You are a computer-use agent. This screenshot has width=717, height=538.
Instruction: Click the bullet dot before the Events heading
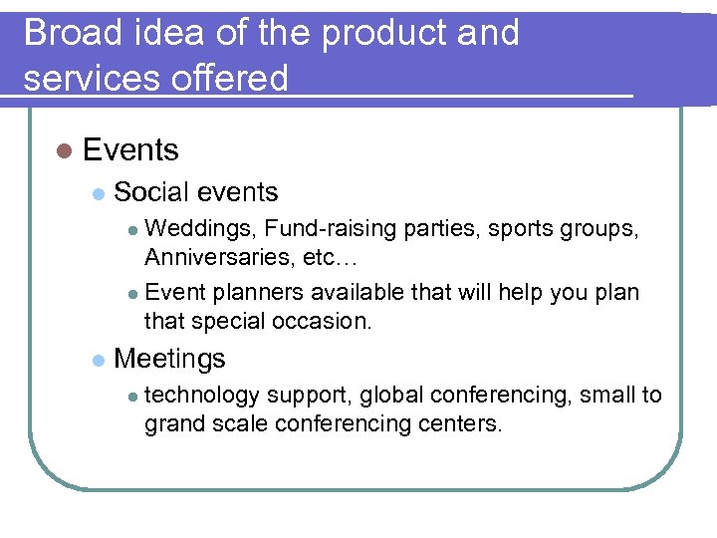pos(65,151)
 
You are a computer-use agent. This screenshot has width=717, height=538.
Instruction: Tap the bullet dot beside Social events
pos(97,193)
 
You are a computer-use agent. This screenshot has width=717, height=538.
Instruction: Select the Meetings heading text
pos(170,359)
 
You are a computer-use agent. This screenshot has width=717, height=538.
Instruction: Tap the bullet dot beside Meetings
pos(97,360)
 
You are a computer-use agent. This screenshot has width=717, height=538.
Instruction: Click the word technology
pos(202,396)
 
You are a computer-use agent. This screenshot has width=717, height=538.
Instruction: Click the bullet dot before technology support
pos(132,397)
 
